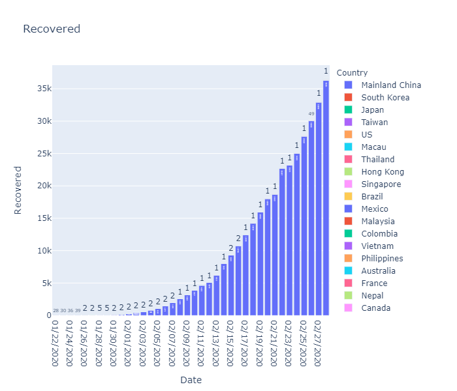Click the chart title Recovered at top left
[x=52, y=29]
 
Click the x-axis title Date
[x=191, y=380]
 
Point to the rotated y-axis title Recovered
[x=18, y=190]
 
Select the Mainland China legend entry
[x=390, y=85]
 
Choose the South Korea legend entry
[x=385, y=98]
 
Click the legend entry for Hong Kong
[x=383, y=172]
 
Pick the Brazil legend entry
[x=373, y=197]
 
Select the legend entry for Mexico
[x=375, y=209]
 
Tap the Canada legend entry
[x=375, y=308]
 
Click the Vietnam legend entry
[x=377, y=246]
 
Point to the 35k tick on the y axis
[x=43, y=89]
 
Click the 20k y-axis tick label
[x=43, y=186]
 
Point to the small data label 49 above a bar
[x=311, y=114]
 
